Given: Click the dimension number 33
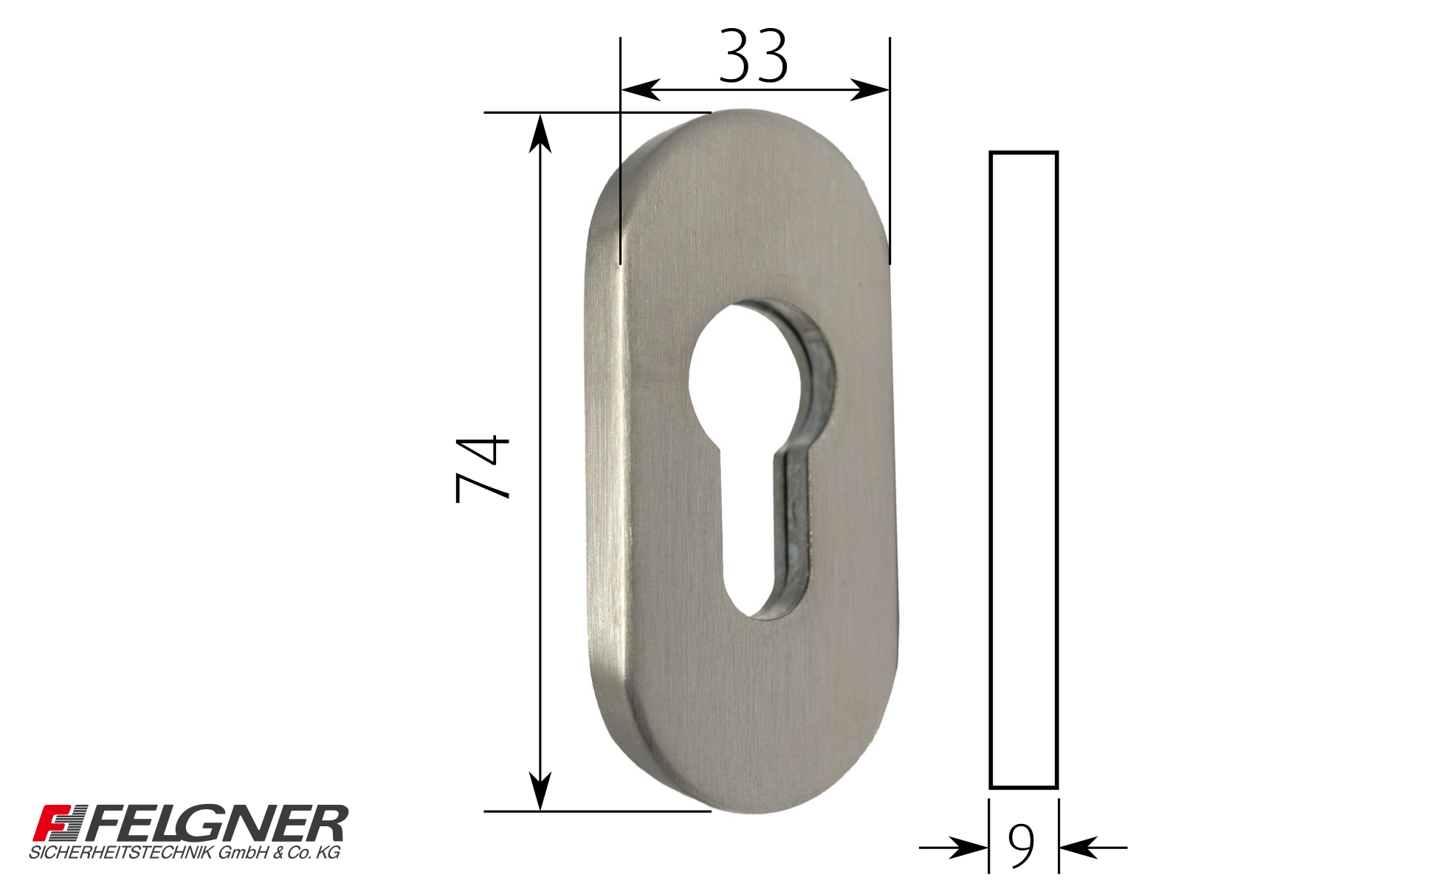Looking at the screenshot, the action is coord(754,55).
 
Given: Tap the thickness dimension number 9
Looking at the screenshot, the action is coord(1022,846).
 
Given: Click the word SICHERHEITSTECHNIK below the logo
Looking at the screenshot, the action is coord(122,853).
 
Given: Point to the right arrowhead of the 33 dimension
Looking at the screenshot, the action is coord(870,90).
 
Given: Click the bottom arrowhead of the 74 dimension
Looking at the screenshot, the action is coord(540,791).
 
